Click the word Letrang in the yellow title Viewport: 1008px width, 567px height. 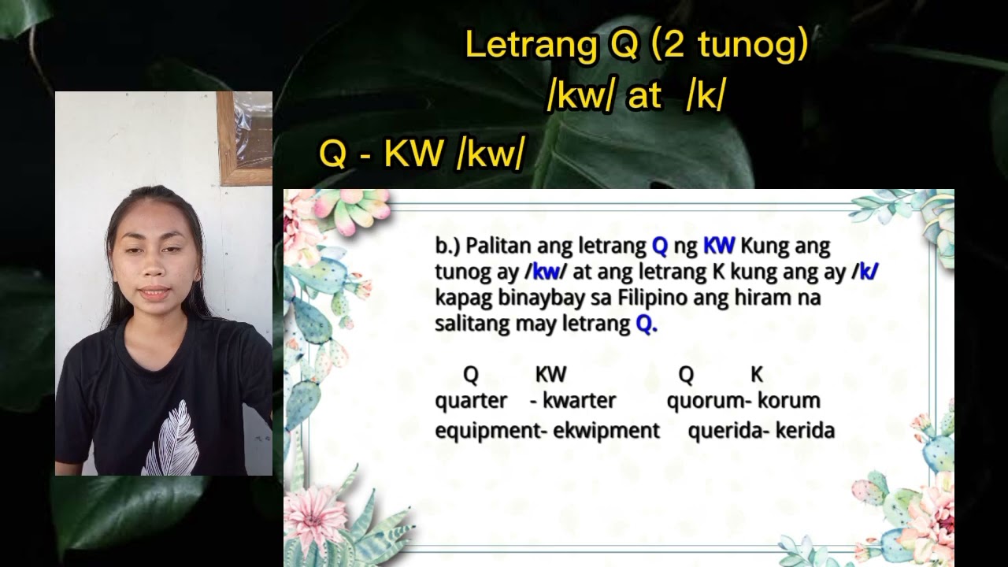[531, 46]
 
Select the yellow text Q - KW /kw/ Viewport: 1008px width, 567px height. [421, 155]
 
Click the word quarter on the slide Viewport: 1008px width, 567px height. [471, 401]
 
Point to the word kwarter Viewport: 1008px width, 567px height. [579, 401]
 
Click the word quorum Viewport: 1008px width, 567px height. [704, 401]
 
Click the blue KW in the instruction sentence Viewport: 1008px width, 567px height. [718, 246]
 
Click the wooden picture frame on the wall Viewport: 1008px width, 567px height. [245, 138]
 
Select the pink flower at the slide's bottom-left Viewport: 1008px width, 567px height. [315, 520]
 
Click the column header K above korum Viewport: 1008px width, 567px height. [757, 375]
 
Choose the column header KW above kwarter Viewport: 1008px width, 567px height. [550, 375]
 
